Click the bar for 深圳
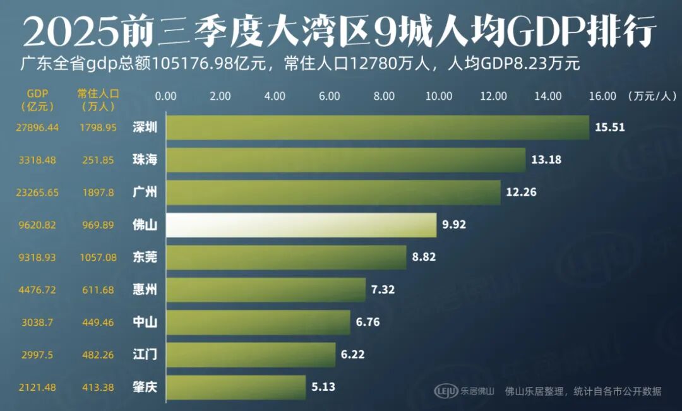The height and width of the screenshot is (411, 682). tap(377, 128)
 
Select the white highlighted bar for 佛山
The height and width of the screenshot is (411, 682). tap(301, 225)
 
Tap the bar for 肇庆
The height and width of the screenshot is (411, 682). tap(236, 387)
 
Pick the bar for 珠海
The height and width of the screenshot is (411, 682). tap(345, 160)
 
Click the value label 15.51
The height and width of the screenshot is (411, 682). tap(609, 128)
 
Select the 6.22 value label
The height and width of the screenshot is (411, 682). tap(352, 355)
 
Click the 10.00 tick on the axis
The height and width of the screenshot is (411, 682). tap(439, 97)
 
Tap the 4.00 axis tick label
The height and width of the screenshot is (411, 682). tap(275, 97)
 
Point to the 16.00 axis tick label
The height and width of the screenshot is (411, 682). tap(602, 97)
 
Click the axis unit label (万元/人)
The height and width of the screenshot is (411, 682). tap(652, 97)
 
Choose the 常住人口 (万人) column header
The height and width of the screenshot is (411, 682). tap(98, 100)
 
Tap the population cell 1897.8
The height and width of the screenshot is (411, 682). tap(98, 193)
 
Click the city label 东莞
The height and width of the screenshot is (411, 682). tap(145, 258)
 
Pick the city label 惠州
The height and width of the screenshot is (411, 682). tap(145, 290)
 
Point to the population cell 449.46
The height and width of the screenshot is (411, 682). tap(98, 322)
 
